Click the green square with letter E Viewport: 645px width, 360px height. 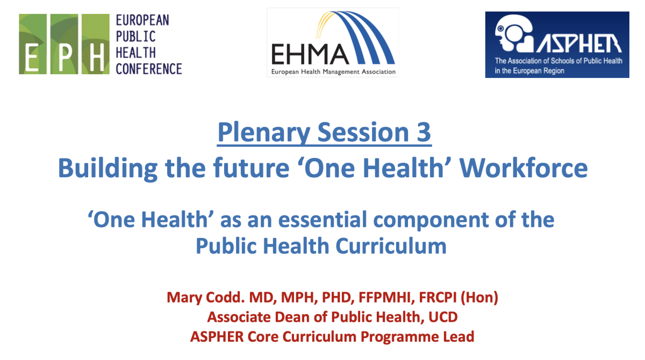33,44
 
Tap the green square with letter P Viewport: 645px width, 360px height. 64,44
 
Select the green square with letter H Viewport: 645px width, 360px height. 96,44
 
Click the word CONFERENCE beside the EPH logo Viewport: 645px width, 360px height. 149,69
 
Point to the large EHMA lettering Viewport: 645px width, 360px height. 310,54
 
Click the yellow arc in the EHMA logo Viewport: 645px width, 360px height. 324,25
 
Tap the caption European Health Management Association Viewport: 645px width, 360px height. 333,71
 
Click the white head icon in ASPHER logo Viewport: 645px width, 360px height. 514,33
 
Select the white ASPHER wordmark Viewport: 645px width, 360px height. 579,44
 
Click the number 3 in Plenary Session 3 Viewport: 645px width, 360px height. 424,132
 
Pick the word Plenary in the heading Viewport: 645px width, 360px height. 263,133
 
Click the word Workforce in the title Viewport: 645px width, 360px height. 523,168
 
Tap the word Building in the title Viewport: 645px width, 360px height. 107,169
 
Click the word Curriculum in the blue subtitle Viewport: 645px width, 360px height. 391,246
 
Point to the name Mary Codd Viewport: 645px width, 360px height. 205,298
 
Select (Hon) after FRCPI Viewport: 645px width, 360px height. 479,298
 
